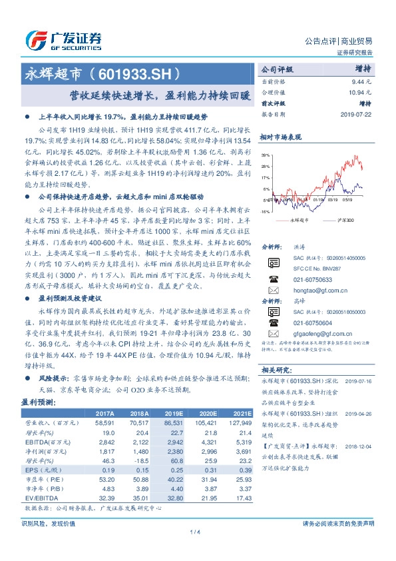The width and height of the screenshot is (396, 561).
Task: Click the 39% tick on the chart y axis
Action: [266, 155]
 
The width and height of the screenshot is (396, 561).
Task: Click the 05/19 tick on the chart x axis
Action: [351, 199]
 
